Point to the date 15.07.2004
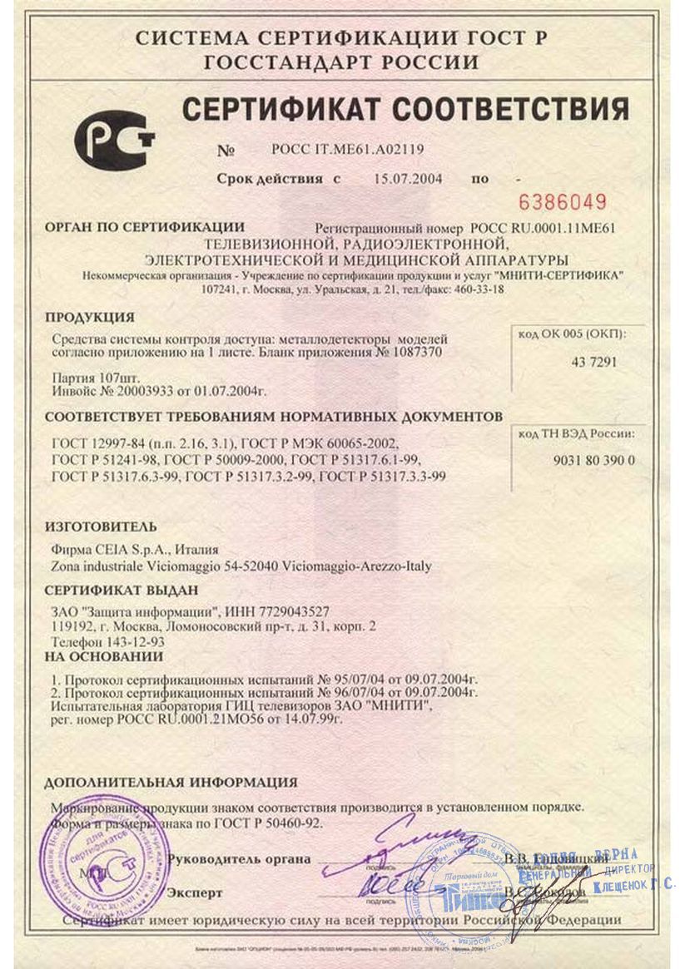pyautogui.click(x=408, y=178)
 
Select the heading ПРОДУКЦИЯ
pyautogui.click(x=89, y=317)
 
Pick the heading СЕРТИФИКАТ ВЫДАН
pyautogui.click(x=122, y=591)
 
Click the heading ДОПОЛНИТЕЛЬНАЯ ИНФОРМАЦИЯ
pyautogui.click(x=170, y=783)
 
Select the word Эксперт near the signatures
pyautogui.click(x=195, y=893)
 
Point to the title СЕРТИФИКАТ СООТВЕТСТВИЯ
pyautogui.click(x=405, y=109)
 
